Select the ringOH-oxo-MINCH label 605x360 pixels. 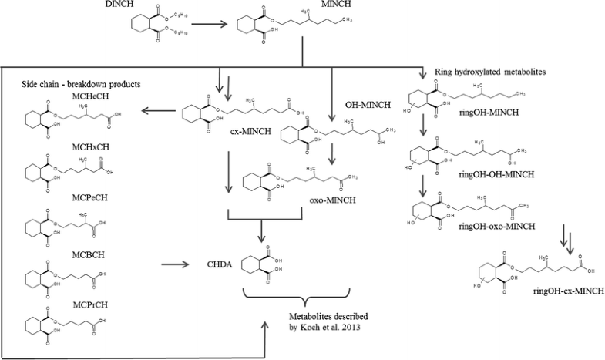500,227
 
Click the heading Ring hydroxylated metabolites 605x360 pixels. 486,72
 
